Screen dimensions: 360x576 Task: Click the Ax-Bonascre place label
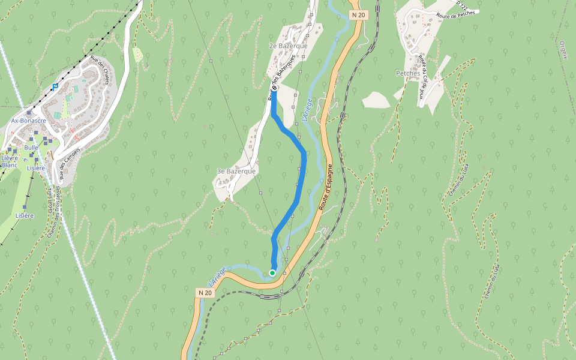[x=29, y=121]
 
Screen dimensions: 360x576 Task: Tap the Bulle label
[x=31, y=147]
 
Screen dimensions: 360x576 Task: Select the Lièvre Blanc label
[x=10, y=161]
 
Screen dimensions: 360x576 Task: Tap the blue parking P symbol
[x=55, y=86]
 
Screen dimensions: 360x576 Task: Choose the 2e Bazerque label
[x=288, y=46]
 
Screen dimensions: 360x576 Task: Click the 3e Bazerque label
[x=236, y=171]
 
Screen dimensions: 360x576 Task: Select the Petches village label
[x=408, y=73]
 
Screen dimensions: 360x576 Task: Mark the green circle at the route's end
[x=272, y=273]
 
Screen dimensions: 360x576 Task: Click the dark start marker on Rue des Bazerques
[x=274, y=89]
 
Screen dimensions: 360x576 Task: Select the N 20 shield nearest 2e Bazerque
[x=358, y=14]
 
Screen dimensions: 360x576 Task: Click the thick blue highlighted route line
[x=302, y=174]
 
